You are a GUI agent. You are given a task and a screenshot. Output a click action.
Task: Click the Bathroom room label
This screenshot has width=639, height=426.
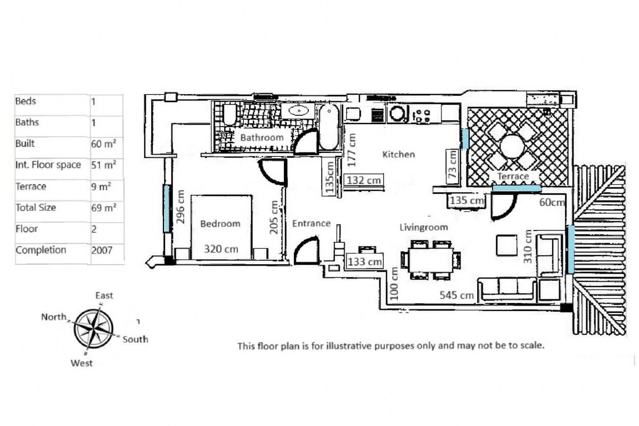262,137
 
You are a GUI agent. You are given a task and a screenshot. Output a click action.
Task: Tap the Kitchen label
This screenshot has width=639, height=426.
398,154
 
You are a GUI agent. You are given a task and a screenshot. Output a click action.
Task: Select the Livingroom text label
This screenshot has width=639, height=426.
423,227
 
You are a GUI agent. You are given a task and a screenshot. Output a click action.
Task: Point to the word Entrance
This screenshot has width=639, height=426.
311,224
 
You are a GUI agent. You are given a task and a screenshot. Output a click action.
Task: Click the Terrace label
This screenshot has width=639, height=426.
513,176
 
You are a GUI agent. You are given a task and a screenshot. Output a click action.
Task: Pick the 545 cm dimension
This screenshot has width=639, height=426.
456,295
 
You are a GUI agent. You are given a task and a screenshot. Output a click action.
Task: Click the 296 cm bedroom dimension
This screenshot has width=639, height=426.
181,207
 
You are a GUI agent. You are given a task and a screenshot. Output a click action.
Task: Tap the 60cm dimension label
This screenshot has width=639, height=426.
551,202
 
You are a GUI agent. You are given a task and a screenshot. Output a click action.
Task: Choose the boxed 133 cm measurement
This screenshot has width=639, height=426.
365,261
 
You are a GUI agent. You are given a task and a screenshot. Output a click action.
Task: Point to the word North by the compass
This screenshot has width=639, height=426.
54,317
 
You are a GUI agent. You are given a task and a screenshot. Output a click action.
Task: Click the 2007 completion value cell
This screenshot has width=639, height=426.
102,250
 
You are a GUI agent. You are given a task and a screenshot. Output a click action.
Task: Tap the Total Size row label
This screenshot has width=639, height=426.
36,208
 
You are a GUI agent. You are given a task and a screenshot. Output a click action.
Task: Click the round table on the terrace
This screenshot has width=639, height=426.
513,145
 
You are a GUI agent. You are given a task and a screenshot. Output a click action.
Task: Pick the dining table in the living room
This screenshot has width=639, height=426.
431,260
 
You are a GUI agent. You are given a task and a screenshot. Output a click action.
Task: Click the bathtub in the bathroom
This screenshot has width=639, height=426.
329,127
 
